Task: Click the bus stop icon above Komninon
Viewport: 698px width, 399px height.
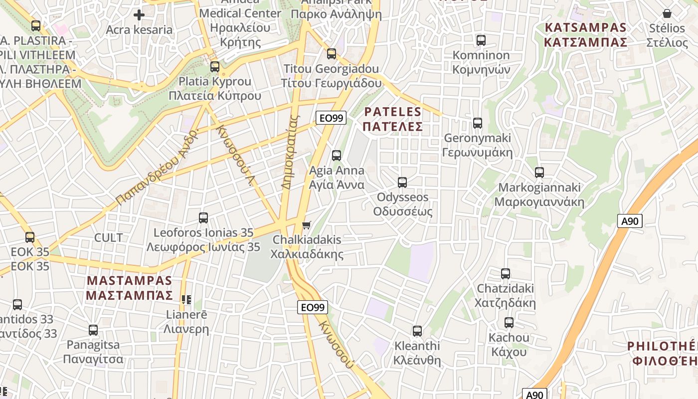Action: click(x=481, y=40)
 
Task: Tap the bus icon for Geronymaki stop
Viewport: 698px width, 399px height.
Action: click(x=478, y=123)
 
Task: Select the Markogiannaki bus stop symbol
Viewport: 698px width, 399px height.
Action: click(x=539, y=173)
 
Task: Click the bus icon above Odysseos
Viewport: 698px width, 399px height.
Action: click(x=402, y=183)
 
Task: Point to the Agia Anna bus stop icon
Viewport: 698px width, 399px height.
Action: click(x=337, y=156)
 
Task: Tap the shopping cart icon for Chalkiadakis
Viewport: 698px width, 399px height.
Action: click(x=307, y=225)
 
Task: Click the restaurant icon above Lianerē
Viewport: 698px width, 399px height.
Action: click(x=186, y=300)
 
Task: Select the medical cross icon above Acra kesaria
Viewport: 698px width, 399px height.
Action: click(x=139, y=15)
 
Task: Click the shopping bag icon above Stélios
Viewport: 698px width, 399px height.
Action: click(x=667, y=13)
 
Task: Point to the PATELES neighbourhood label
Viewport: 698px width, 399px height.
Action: click(x=393, y=119)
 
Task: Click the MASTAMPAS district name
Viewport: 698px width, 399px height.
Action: click(x=130, y=288)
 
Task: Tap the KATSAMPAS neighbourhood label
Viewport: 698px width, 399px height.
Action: click(x=585, y=34)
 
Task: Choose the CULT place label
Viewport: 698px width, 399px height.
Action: click(x=108, y=237)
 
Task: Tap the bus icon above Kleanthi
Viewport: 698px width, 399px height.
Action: click(x=417, y=331)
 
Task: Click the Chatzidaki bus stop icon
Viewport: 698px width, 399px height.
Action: click(x=506, y=274)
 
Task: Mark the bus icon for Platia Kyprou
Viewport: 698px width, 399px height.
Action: click(x=215, y=66)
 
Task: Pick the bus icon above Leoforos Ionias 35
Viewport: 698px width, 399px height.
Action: click(x=203, y=218)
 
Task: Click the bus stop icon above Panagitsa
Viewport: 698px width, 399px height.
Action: click(x=93, y=330)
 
